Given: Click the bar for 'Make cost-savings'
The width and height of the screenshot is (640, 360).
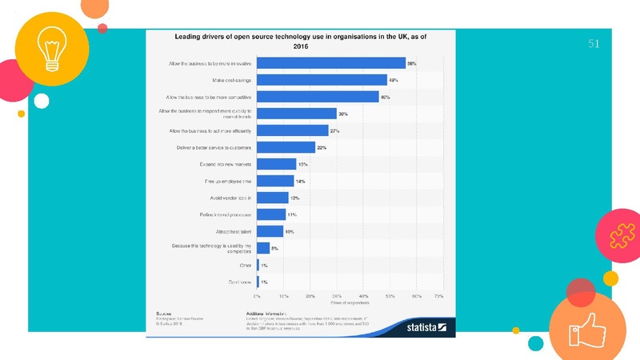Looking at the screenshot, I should coord(322,80).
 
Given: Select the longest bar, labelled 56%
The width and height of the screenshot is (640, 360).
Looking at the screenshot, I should coord(331,63).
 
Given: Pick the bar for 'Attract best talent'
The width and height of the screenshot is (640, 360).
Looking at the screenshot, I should coord(270,231).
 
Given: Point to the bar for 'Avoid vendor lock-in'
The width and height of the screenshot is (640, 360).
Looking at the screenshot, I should coord(272,198).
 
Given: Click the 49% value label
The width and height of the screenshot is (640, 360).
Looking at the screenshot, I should coord(394,80).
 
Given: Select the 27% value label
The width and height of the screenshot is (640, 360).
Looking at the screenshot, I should coord(335,130).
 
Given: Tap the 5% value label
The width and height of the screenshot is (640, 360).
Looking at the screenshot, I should coord(274,249).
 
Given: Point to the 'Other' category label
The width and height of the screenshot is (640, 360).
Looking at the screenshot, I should coord(246,265).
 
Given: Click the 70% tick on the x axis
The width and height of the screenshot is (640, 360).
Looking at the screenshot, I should coord(438,295).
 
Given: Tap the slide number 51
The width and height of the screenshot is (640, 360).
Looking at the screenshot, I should coord(594,43).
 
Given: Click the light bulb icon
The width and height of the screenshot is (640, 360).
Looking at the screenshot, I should coord(45,44).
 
